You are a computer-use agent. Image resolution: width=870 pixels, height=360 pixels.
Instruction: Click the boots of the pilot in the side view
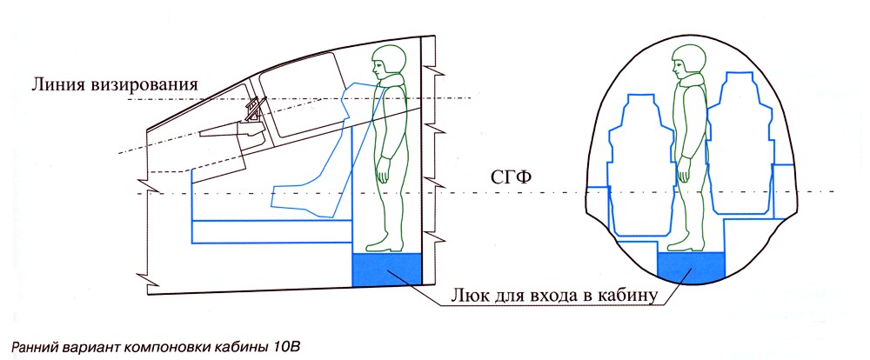381,243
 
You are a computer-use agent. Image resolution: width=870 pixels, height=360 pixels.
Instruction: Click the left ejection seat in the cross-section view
639,165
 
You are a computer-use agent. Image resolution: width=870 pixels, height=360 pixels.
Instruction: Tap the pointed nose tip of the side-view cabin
148,130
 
